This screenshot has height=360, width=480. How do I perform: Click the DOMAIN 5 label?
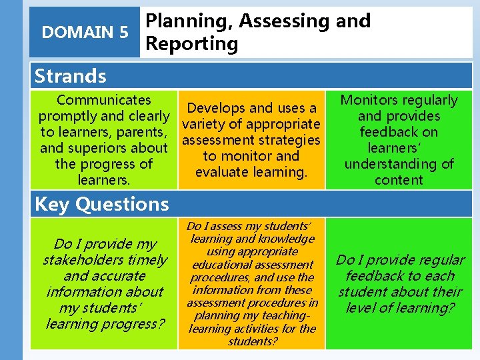pos(85,32)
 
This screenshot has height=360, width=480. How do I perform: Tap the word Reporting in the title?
pos(192,44)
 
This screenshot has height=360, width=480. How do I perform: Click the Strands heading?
pos(70,76)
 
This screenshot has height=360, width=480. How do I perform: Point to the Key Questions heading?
pos(101,204)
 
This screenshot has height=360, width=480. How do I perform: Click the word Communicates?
pos(104,100)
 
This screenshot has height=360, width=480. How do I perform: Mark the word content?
pos(399,180)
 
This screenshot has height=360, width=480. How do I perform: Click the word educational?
pos(214,265)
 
